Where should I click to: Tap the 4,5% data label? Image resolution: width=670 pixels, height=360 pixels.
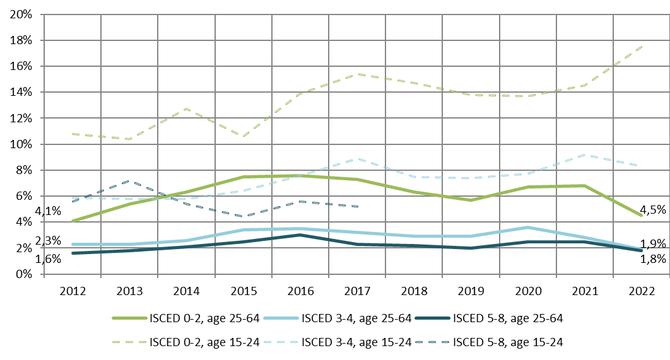pyautogui.click(x=653, y=210)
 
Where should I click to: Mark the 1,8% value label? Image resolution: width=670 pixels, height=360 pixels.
pyautogui.click(x=653, y=258)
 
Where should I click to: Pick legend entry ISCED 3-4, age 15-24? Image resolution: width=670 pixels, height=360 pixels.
pyautogui.click(x=356, y=342)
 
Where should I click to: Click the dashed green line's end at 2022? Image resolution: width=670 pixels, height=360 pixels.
pyautogui.click(x=642, y=46)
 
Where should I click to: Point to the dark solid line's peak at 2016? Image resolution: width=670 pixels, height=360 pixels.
pyautogui.click(x=300, y=235)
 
